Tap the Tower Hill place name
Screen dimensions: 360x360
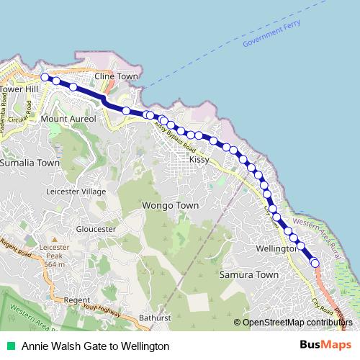click(x=18, y=89)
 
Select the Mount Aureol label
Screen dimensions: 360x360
click(x=68, y=118)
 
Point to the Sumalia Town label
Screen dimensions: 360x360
click(x=30, y=163)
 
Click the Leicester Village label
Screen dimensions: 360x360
click(x=76, y=192)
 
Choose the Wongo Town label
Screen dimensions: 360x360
click(x=170, y=205)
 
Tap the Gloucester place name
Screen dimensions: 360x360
click(x=95, y=229)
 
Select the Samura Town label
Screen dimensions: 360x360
click(x=248, y=275)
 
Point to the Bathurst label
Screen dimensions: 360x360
click(x=155, y=318)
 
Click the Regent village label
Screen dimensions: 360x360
click(x=76, y=300)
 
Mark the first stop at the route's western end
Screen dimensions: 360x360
click(x=45, y=77)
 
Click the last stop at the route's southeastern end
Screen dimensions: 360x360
click(x=315, y=264)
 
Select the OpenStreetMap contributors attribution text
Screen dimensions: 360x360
click(x=297, y=322)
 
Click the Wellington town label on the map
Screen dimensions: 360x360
click(x=276, y=248)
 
